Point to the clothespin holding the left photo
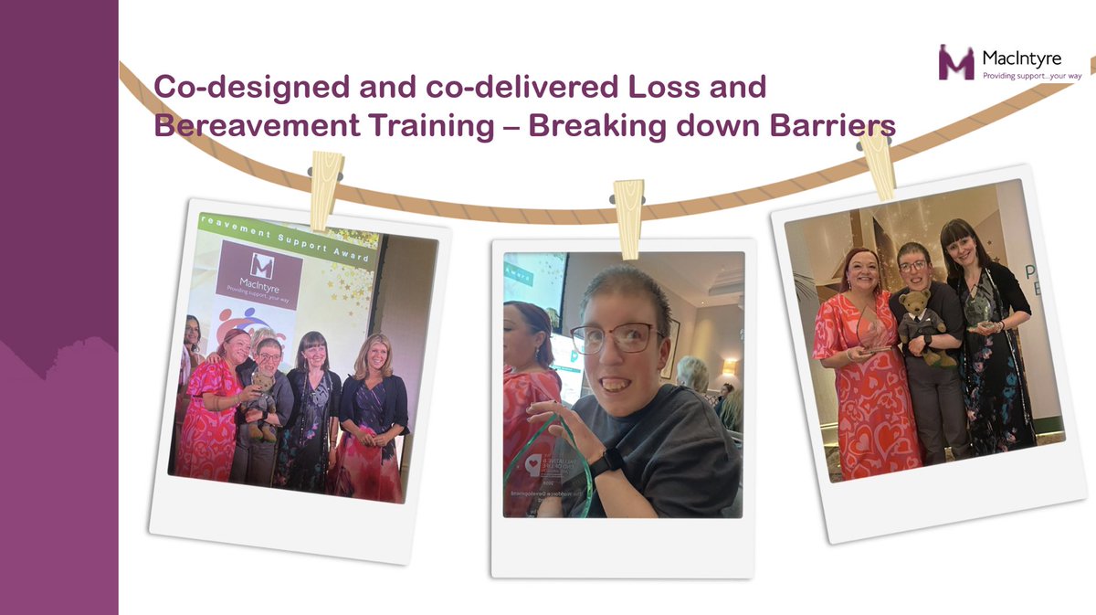pos(325,188)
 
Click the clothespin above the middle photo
pos(627,206)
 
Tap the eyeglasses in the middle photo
pos(616,338)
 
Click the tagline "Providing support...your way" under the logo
pos(1030,76)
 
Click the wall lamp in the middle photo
pos(729,366)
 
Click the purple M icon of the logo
pos(956,62)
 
